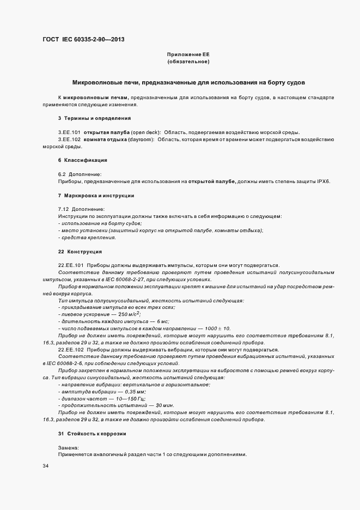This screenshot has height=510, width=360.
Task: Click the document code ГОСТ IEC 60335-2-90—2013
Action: click(80, 40)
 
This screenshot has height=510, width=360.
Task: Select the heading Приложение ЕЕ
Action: click(188, 54)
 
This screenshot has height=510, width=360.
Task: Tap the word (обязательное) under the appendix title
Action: click(188, 62)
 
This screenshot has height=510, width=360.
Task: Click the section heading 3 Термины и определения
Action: click(94, 118)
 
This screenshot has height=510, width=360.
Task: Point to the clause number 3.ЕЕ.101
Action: click(69, 132)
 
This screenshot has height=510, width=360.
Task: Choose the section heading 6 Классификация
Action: click(82, 160)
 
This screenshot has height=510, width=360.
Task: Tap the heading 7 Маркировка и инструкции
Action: click(96, 195)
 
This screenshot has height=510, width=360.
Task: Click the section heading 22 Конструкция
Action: click(80, 252)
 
